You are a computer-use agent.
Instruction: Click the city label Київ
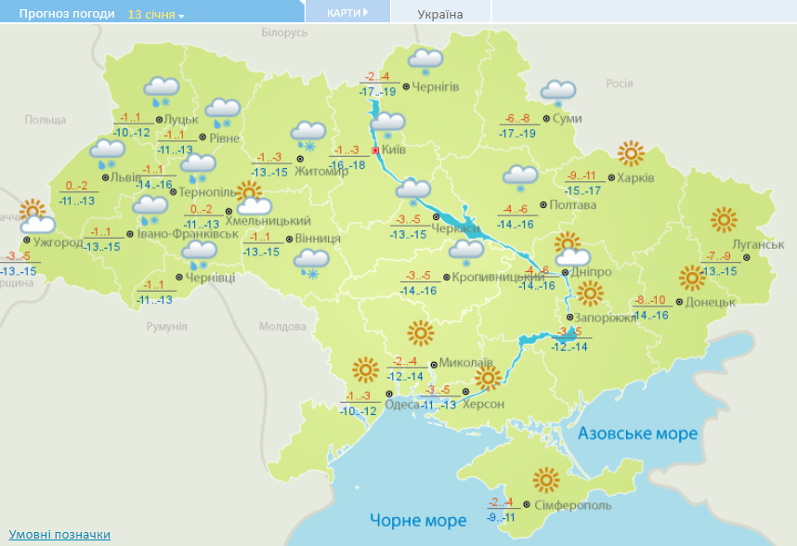[x=393, y=149]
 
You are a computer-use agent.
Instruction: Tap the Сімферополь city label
[x=573, y=505]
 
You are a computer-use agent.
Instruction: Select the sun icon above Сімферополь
[x=546, y=479]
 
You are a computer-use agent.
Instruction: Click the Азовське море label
[x=637, y=433]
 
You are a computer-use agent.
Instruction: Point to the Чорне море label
[x=418, y=520]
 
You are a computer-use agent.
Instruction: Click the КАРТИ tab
[x=347, y=13]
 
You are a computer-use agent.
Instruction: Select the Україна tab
[x=440, y=14]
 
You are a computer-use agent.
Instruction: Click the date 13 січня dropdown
[x=156, y=15]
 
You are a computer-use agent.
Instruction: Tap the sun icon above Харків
[x=632, y=152]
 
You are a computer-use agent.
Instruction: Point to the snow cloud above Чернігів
[x=425, y=60]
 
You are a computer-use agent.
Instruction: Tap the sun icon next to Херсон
[x=488, y=378]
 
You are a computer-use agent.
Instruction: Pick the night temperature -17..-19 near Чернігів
[x=378, y=90]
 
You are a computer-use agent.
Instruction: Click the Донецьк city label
[x=712, y=302]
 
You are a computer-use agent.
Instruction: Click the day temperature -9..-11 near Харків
[x=582, y=175]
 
